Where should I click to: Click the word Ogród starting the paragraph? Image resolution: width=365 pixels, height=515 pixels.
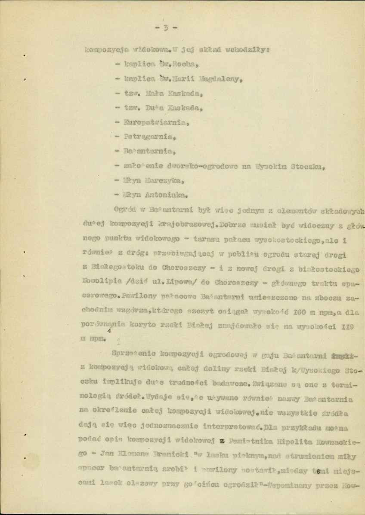(124, 209)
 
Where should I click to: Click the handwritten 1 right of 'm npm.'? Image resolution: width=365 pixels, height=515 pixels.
(117, 341)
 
